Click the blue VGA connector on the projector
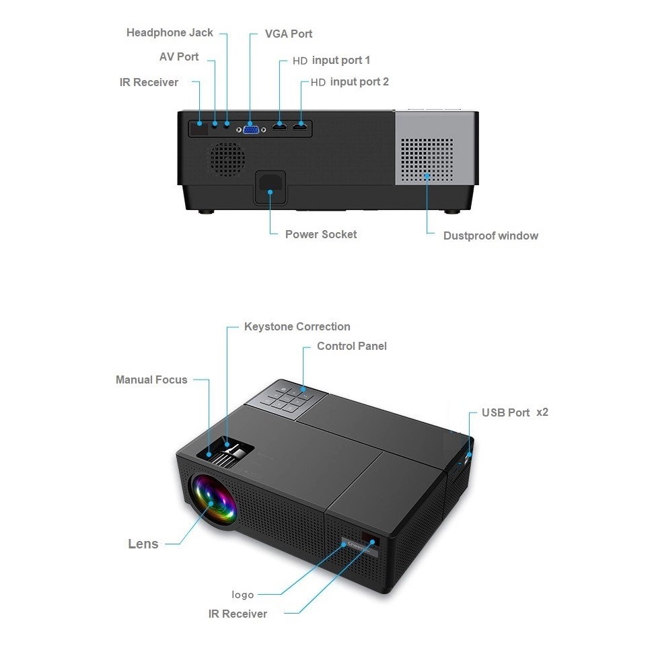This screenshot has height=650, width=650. pos(251,130)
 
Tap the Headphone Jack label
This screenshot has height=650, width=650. pos(170,33)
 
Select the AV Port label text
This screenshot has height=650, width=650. pos(179,57)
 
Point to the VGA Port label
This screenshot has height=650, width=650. pos(289,34)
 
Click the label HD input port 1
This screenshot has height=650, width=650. pos(331,61)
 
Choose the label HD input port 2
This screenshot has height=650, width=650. pos(350,82)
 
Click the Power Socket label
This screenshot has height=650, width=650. pos(321,235)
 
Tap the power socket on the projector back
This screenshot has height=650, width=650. pos(270,187)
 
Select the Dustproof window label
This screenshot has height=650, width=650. pos(491,236)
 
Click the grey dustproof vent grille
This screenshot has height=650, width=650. pos(427,160)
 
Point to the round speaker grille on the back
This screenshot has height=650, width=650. pos(227,159)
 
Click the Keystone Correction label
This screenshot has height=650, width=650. pos(297,326)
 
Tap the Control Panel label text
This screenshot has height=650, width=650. pos(352,346)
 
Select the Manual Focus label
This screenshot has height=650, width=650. pos(151,380)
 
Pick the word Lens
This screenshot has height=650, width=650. pos(143,544)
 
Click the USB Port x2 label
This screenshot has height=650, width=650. pos(515,412)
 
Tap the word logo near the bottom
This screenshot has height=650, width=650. pos(242,595)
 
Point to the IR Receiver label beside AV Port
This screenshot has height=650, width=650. pos(149,83)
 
